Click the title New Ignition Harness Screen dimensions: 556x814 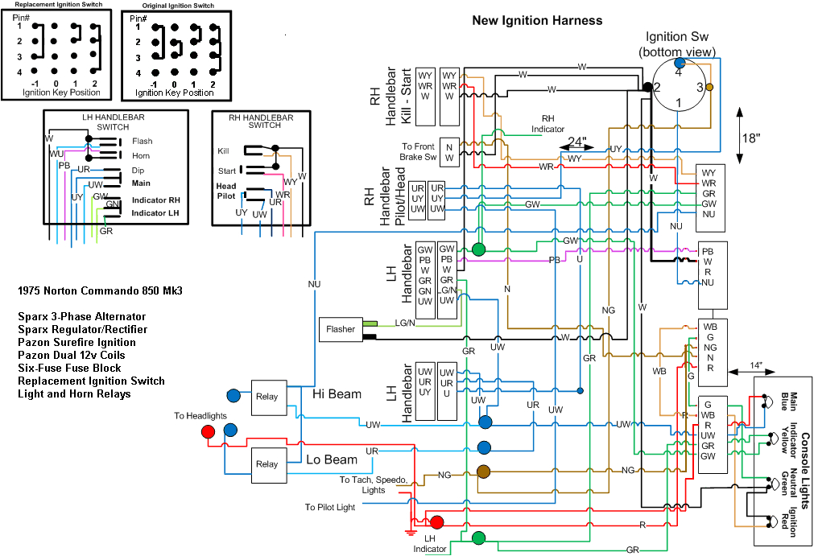(x=536, y=20)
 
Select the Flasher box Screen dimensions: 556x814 (x=340, y=329)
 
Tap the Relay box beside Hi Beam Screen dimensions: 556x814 (x=267, y=396)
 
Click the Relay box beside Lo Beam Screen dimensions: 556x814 (x=267, y=464)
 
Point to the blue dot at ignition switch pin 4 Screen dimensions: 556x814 (x=680, y=63)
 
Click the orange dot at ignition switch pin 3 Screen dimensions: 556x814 (x=709, y=86)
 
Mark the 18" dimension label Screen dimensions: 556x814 (x=750, y=138)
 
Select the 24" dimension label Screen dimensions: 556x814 (x=576, y=143)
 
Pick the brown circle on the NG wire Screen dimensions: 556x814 (x=484, y=472)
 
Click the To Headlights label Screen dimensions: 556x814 (x=200, y=416)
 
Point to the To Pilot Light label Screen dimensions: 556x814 (x=329, y=508)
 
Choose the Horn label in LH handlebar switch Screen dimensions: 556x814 (x=141, y=155)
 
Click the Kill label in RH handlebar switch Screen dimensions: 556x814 (x=223, y=150)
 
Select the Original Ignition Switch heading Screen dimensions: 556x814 (x=177, y=6)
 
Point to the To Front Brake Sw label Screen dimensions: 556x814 (x=419, y=152)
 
